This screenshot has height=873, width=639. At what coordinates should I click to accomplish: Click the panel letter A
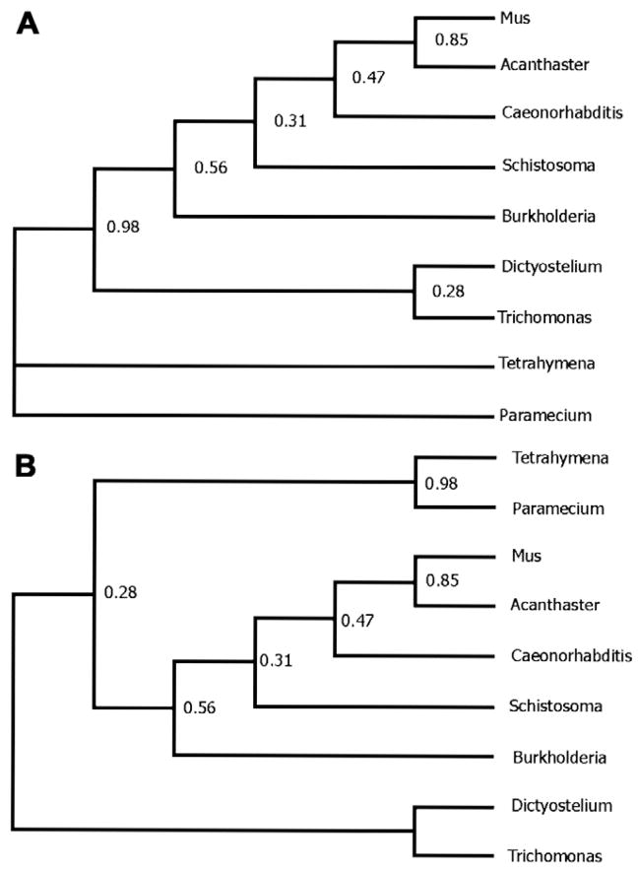pos(27,24)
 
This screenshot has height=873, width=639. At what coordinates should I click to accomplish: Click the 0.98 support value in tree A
pos(123,228)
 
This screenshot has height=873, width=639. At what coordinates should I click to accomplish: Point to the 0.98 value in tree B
pos(442,484)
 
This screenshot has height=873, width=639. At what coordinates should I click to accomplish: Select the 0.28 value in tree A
pos(449,292)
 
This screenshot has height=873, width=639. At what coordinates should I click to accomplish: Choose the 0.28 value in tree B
pos(121,592)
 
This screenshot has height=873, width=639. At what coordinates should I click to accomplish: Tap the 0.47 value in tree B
pos(357,621)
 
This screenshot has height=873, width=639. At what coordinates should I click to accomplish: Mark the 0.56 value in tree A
pos(211,168)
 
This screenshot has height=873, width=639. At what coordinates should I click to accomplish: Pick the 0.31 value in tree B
pos(275,660)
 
